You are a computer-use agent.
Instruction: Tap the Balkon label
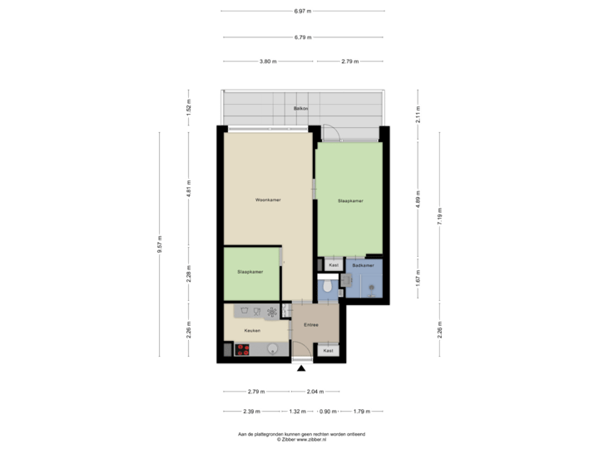click(x=300, y=109)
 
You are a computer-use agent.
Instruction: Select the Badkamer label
click(x=362, y=265)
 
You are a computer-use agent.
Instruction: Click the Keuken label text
click(x=252, y=331)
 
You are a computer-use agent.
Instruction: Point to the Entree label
click(x=313, y=326)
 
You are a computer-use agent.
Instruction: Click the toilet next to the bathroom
click(x=329, y=287)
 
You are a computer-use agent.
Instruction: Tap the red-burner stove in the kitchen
click(x=243, y=350)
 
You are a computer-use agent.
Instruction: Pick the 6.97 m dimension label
click(x=304, y=12)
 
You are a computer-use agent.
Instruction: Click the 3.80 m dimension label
click(x=268, y=61)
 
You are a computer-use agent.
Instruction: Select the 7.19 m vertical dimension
click(x=439, y=219)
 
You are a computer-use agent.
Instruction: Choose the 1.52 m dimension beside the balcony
click(x=188, y=106)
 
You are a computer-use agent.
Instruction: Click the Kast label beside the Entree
click(x=329, y=351)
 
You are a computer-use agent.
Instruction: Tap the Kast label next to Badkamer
click(x=334, y=265)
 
